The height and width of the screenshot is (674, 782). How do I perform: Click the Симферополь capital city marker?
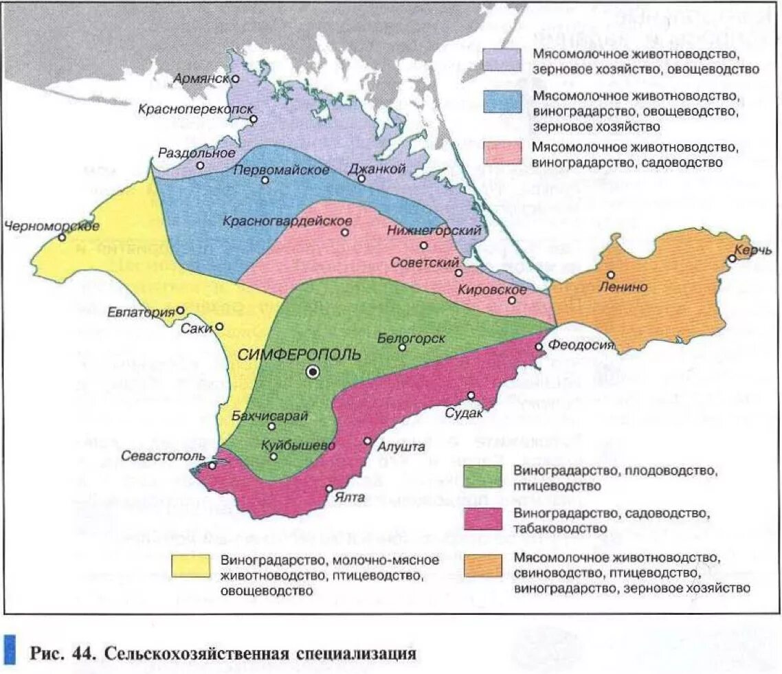point(313,372)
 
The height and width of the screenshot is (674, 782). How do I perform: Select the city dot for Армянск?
point(235,79)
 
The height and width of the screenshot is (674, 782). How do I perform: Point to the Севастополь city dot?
point(212,465)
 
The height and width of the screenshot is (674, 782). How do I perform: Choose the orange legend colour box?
point(484,566)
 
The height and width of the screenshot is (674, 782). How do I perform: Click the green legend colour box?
point(484,476)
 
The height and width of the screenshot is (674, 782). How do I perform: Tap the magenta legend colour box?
point(484,519)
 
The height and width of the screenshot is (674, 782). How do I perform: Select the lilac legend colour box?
point(503,59)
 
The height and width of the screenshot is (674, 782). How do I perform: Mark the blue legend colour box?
point(503,102)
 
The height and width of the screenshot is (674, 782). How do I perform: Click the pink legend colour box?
point(503,153)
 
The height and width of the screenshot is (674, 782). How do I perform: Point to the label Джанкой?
point(374,169)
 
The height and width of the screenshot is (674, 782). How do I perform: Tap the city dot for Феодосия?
point(539,346)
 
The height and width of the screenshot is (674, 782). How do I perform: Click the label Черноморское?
point(52,225)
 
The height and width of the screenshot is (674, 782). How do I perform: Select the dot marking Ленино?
point(610,275)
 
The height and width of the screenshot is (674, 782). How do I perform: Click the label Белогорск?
point(412,339)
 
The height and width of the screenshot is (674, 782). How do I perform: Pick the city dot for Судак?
point(471,395)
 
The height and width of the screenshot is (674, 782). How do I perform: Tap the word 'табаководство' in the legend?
point(560,528)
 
